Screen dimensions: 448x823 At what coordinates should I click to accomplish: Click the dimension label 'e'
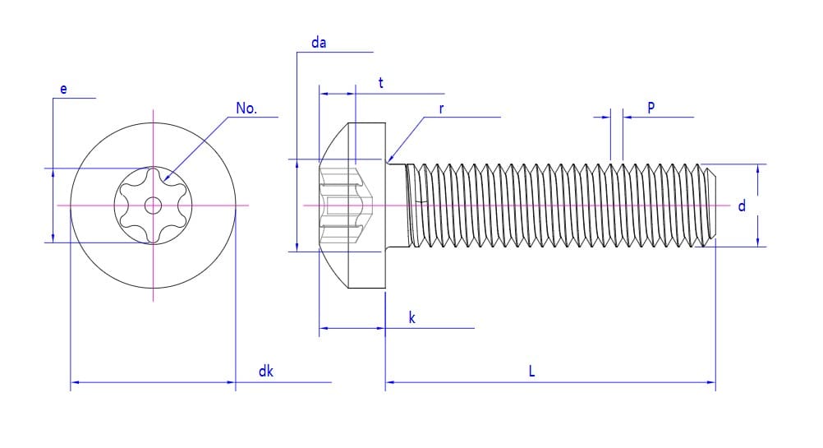pos(63,89)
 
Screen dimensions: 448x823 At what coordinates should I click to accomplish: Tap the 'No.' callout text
pos(246,109)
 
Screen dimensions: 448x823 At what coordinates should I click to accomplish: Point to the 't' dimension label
pos(380,83)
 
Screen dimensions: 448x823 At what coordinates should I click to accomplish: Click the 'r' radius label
pos(441,109)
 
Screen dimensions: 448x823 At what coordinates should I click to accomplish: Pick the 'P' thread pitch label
pos(651,108)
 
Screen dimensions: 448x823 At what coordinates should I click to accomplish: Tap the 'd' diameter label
pos(742,206)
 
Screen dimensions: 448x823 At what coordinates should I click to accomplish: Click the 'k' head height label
pos(411,318)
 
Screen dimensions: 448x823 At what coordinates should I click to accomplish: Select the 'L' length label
pos(531,372)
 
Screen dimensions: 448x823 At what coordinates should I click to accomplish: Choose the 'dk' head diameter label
pos(265,372)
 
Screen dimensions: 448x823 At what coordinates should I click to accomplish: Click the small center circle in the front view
pos(154,206)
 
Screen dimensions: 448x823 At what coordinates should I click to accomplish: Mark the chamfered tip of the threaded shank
pos(711,206)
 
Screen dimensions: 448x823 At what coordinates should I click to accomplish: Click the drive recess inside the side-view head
pos(346,206)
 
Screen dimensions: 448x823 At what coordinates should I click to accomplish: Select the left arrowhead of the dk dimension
pos(75,382)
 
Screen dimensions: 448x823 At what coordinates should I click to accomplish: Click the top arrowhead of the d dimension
pos(756,168)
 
